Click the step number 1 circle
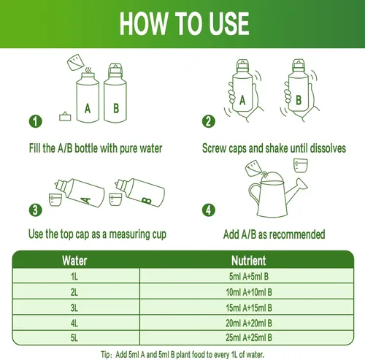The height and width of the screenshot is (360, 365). pyautogui.click(x=36, y=121)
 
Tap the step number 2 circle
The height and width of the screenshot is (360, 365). pyautogui.click(x=209, y=121)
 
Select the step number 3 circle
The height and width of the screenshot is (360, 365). pyautogui.click(x=36, y=210)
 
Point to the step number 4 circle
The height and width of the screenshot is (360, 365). pyautogui.click(x=209, y=210)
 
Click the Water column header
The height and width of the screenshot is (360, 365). pyautogui.click(x=74, y=261)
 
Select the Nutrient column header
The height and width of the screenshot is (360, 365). pyautogui.click(x=248, y=261)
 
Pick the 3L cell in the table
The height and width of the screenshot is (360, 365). pyautogui.click(x=74, y=307)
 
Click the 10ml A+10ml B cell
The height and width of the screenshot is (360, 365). pyautogui.click(x=248, y=292)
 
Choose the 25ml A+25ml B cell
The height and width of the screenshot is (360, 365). pyautogui.click(x=248, y=337)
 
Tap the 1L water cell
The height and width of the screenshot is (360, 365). pyautogui.click(x=74, y=276)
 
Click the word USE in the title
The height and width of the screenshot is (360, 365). pyautogui.click(x=229, y=24)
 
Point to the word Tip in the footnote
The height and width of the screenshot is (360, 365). pyautogui.click(x=105, y=354)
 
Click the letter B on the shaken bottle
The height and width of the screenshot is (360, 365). pyautogui.click(x=299, y=100)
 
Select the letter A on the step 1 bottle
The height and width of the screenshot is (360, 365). pyautogui.click(x=88, y=109)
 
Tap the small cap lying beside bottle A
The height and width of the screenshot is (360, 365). pyautogui.click(x=65, y=117)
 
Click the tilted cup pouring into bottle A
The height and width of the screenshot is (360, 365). pyautogui.click(x=76, y=62)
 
